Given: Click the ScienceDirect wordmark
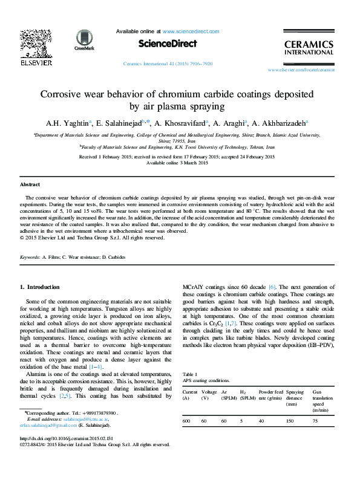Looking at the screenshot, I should [168, 44].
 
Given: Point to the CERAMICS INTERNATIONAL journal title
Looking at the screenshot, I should [309, 48].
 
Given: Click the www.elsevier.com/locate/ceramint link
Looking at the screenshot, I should [301, 70].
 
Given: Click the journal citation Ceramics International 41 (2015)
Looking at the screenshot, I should [167, 63].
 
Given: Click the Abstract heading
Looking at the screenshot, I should [30, 184].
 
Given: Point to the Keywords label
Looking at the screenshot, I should [30, 257].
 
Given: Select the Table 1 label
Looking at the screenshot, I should [190, 375].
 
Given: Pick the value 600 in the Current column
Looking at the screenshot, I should [187, 421].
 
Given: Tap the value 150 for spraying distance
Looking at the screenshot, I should [290, 421].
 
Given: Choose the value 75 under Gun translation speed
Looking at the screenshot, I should [315, 421].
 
